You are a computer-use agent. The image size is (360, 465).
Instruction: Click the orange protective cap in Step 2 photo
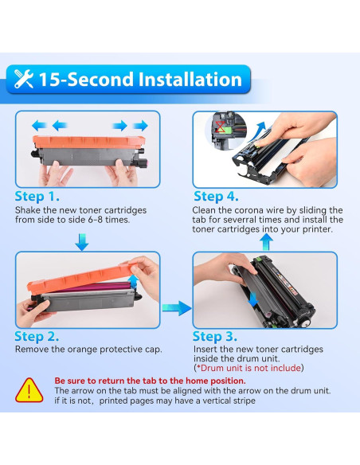pyautogui.click(x=80, y=278)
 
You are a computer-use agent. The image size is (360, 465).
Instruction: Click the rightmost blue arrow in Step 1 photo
pyautogui.click(x=141, y=125)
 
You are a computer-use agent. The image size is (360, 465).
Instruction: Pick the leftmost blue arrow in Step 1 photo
pyautogui.click(x=37, y=125)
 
